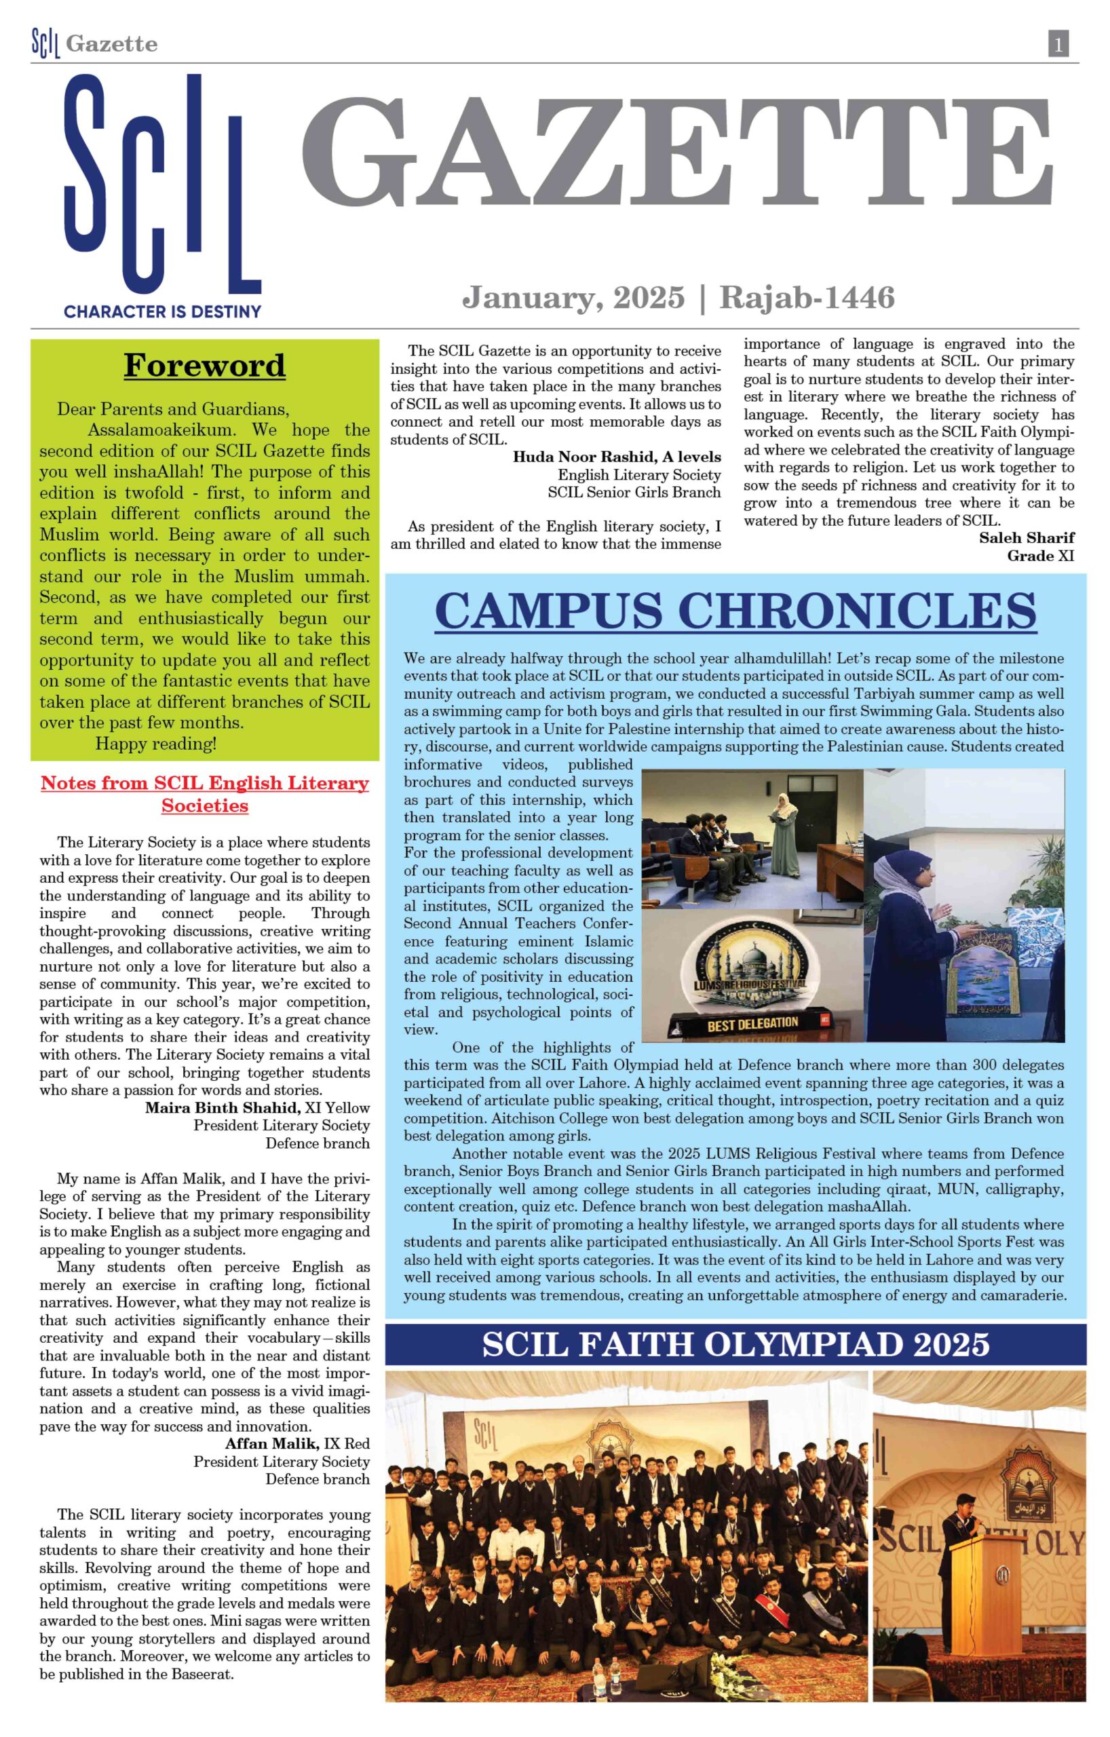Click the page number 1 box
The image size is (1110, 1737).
point(1057,45)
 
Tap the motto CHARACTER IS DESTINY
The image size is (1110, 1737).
point(162,311)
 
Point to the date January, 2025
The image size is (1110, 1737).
point(573,297)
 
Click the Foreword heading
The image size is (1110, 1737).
point(205,365)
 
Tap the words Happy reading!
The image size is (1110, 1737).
point(156,744)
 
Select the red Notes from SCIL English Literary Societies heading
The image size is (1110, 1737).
point(205,793)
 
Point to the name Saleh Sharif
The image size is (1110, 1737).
point(1027,537)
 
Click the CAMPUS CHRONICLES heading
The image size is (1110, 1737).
point(735,611)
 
